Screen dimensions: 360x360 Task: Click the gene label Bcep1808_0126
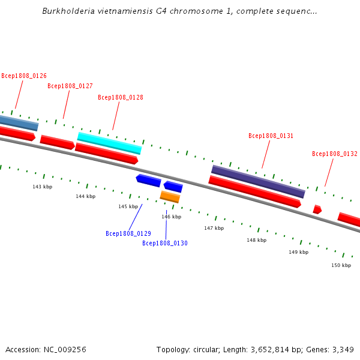[x=24, y=76]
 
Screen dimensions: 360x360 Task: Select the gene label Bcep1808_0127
[x=70, y=86]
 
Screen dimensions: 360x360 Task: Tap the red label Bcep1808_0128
[x=121, y=97]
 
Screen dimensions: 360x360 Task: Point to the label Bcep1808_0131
[x=271, y=136]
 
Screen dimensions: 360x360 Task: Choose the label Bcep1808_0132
[x=335, y=154]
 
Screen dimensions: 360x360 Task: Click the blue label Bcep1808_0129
[x=128, y=233]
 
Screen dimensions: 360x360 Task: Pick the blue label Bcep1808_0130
[x=165, y=243]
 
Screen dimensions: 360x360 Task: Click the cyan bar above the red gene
[x=109, y=143]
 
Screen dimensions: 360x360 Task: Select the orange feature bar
[x=170, y=196]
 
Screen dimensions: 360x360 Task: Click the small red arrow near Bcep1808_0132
[x=317, y=209]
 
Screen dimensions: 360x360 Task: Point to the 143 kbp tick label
[x=43, y=187]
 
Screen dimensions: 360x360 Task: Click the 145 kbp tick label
[x=128, y=206]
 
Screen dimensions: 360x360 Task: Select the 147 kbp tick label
[x=214, y=228]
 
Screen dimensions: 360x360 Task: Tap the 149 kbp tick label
[x=298, y=252]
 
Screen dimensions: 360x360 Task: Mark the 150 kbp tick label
[x=341, y=265]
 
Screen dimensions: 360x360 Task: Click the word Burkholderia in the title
[x=67, y=11]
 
